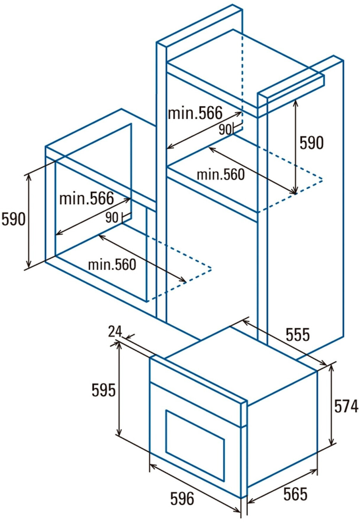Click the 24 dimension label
point(115,331)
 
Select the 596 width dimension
point(182,498)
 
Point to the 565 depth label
point(295,494)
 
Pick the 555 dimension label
point(298,334)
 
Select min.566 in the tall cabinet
point(195,113)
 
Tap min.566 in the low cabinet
point(87,198)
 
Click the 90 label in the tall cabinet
point(225,129)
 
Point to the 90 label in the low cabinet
point(112,217)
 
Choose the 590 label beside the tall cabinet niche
point(312,143)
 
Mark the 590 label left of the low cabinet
point(14,219)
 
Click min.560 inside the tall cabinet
point(221,174)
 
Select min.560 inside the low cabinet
point(112,264)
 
